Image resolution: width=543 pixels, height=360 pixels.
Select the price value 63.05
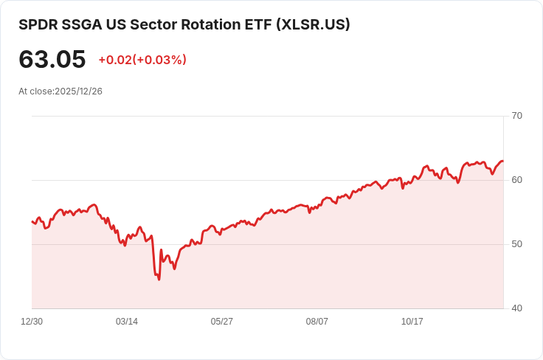point(52,60)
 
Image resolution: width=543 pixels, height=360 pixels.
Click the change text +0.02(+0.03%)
point(142,60)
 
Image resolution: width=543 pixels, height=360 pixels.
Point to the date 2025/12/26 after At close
point(78,91)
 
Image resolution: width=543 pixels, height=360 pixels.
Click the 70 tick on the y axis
point(516,116)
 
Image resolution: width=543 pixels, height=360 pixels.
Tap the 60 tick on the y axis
point(516,180)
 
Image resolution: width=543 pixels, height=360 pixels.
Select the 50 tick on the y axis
point(516,244)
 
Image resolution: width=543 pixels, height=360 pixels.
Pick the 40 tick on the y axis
point(516,308)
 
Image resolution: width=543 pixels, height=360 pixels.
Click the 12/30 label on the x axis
point(32,322)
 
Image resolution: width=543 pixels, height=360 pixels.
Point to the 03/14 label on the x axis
point(127,322)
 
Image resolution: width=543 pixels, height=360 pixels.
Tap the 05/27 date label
point(222,322)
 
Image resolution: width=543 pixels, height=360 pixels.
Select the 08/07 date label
point(317,322)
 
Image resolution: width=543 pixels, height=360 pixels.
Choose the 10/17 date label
point(412,322)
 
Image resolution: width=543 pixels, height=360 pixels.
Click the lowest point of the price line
point(159,280)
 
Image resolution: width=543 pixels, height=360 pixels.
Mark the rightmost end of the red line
point(503,161)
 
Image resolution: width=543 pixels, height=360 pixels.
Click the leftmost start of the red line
point(32,221)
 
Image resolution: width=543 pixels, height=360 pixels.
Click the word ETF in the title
point(255,24)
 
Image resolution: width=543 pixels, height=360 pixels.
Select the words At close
point(36,91)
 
